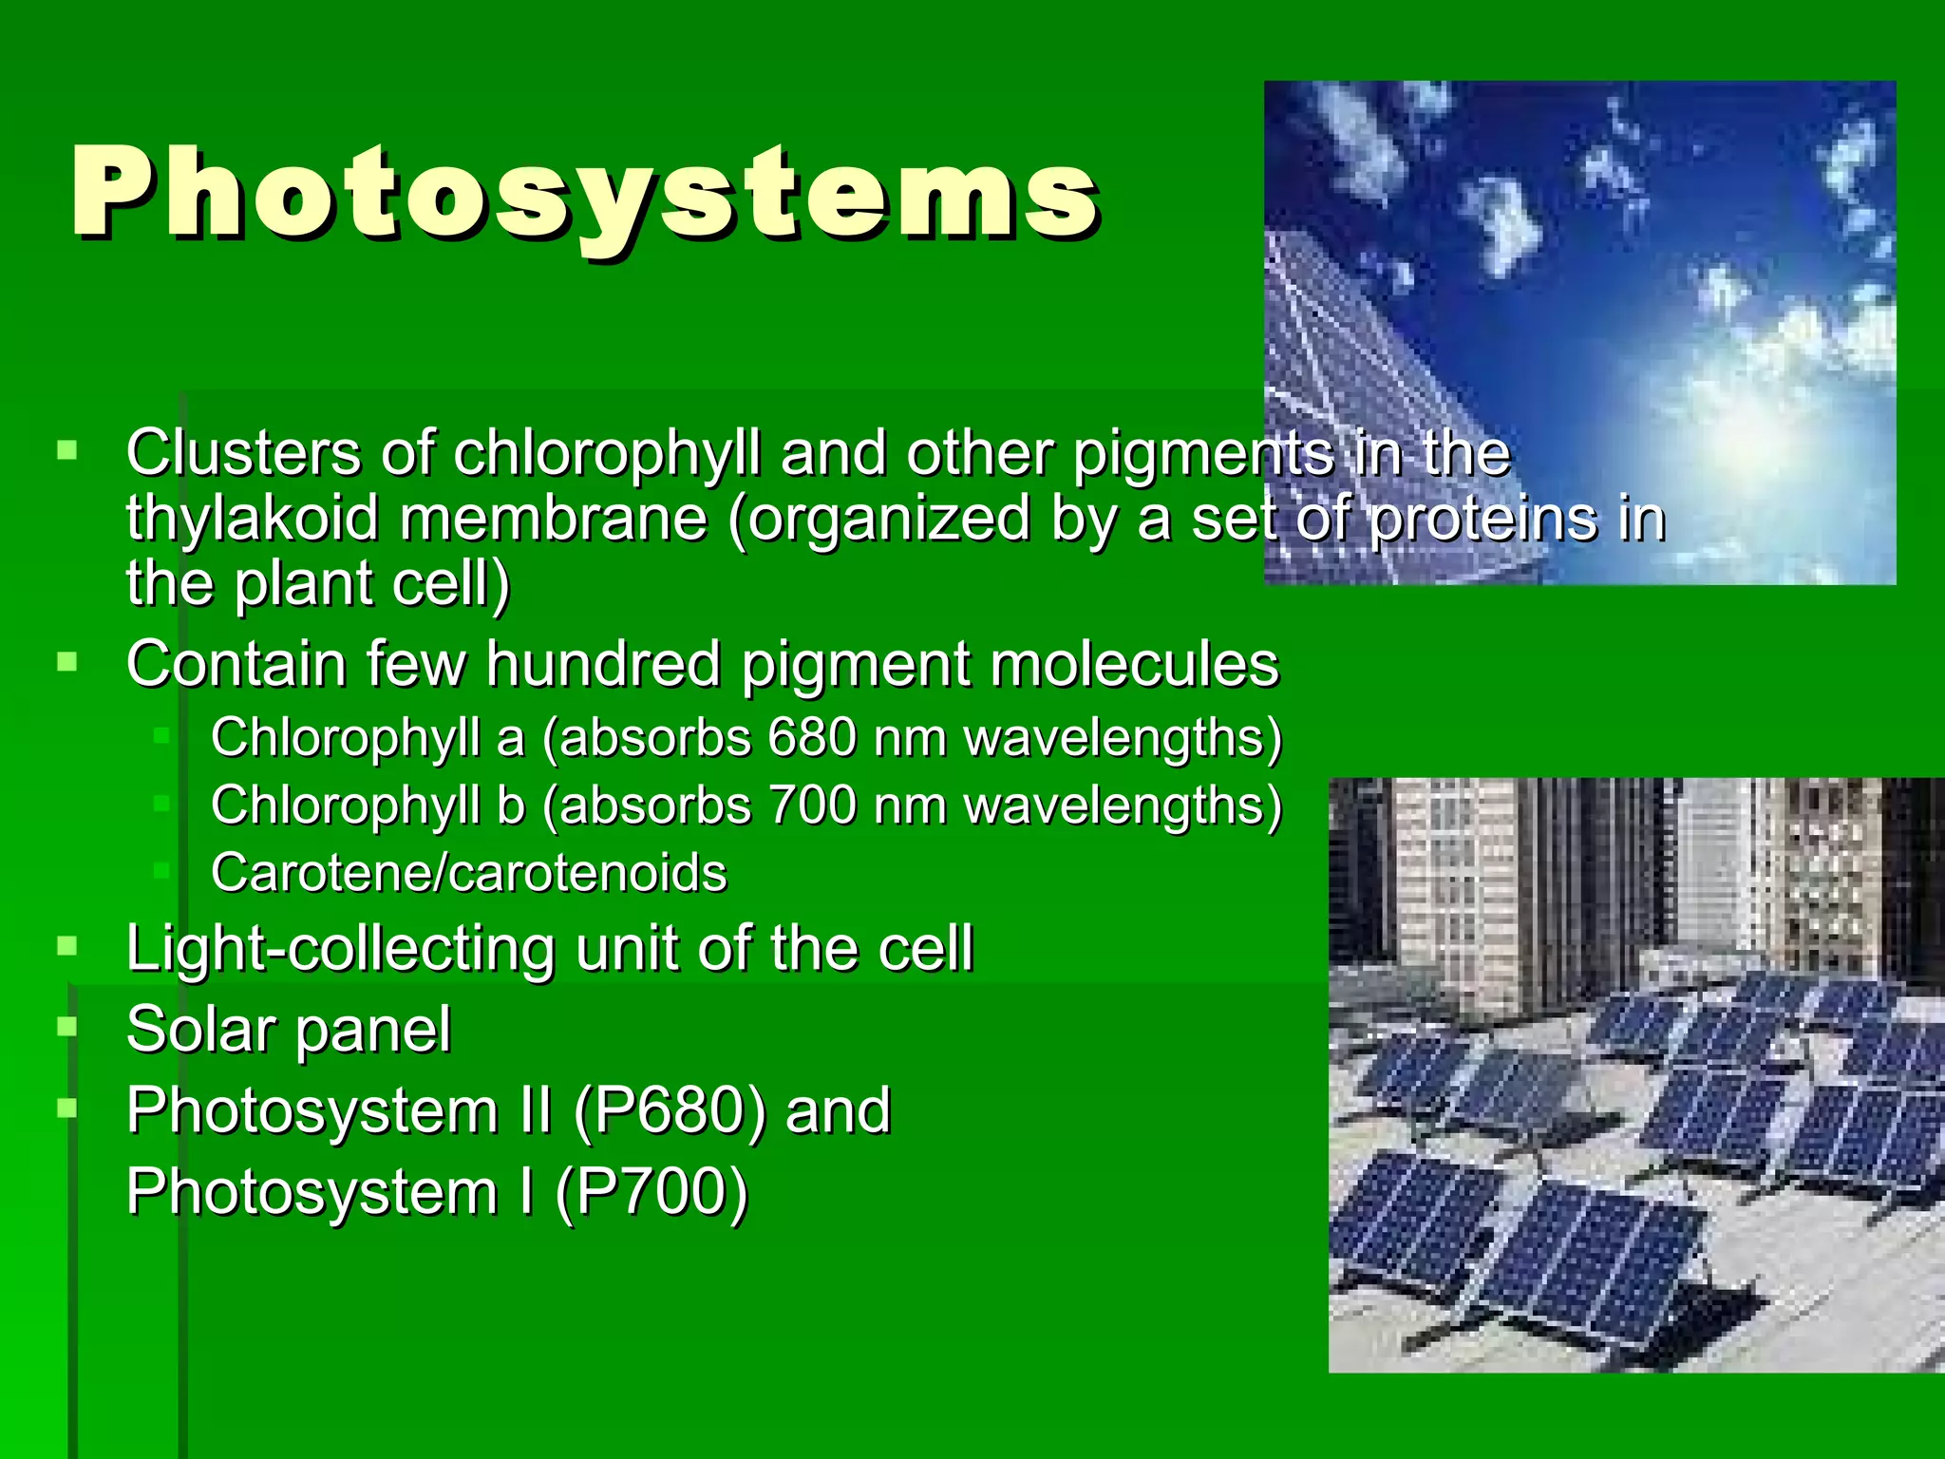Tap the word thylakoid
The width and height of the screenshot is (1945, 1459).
pos(253,519)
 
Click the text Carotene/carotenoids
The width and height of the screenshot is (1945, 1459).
pos(468,873)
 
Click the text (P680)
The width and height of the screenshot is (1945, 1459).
pos(670,1111)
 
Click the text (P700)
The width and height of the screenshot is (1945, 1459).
pos(651,1193)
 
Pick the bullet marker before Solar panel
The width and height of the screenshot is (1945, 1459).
pos(66,1026)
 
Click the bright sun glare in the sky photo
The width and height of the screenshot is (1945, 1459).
pos(1757,427)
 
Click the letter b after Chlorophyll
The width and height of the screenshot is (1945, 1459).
pos(510,805)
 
